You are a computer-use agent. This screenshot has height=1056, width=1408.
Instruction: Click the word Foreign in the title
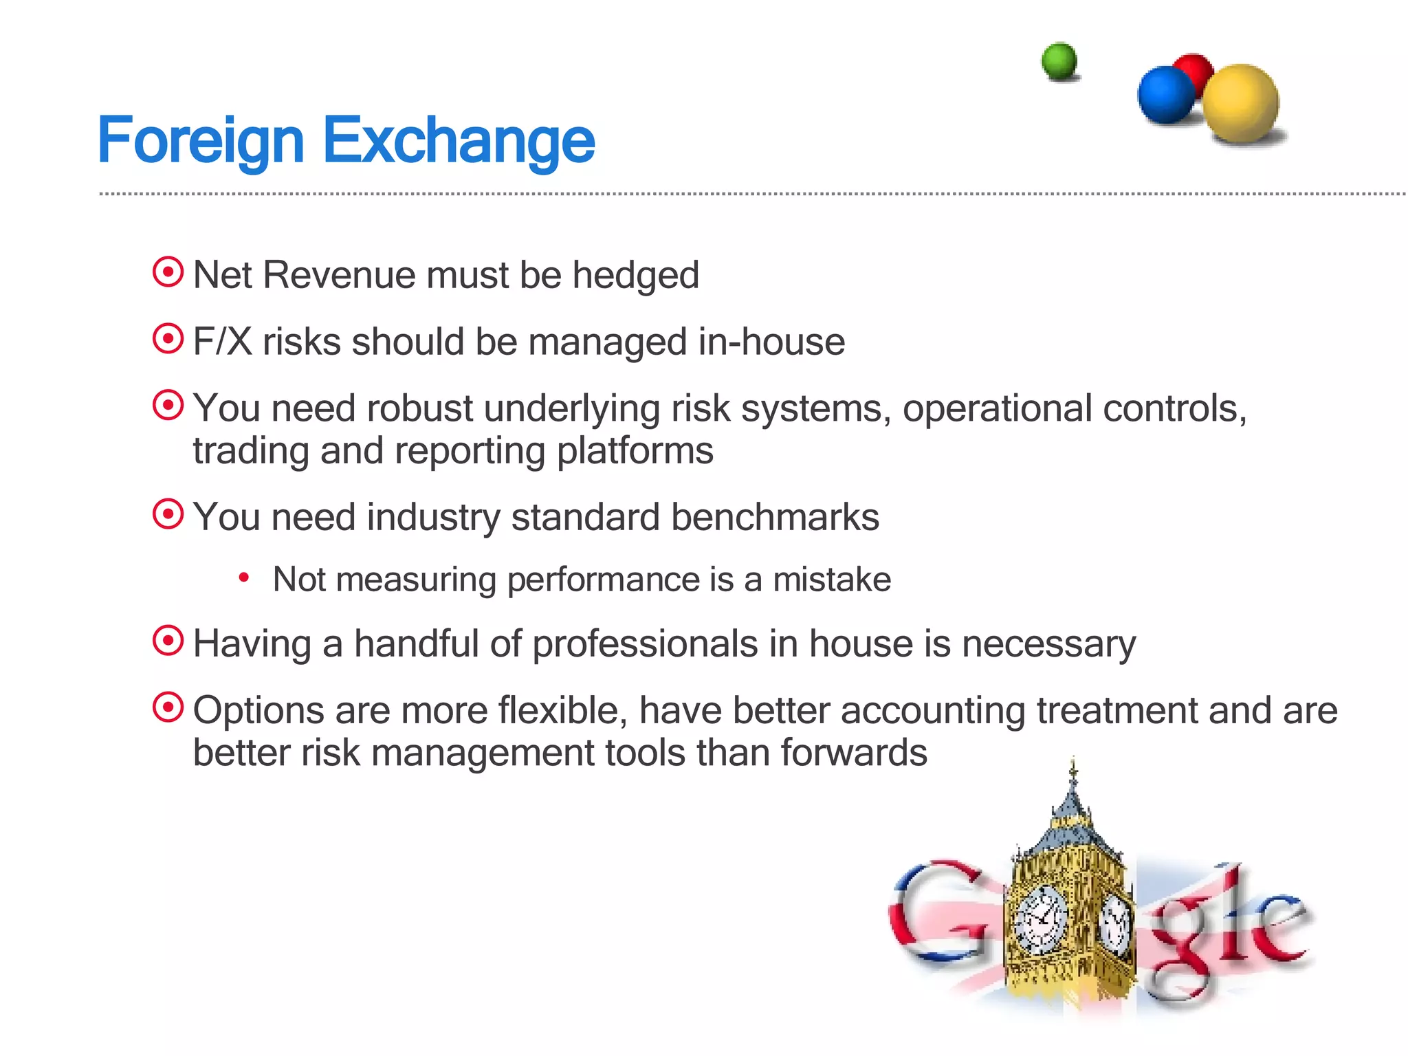tap(201, 141)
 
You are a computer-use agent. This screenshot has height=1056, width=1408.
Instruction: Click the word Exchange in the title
tap(459, 141)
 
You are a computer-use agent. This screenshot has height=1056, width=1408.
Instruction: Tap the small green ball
tap(1059, 61)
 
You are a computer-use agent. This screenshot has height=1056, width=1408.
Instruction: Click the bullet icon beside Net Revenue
tap(168, 272)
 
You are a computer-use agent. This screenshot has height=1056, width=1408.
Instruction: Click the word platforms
tap(635, 452)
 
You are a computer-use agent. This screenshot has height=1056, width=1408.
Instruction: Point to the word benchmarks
tap(775, 517)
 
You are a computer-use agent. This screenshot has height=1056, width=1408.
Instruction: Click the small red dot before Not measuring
tap(243, 578)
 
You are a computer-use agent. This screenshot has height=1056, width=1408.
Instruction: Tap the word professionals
tap(645, 645)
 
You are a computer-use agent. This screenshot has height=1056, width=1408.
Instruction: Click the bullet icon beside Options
tap(168, 707)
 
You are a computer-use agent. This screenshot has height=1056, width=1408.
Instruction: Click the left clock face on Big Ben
tap(1040, 920)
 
